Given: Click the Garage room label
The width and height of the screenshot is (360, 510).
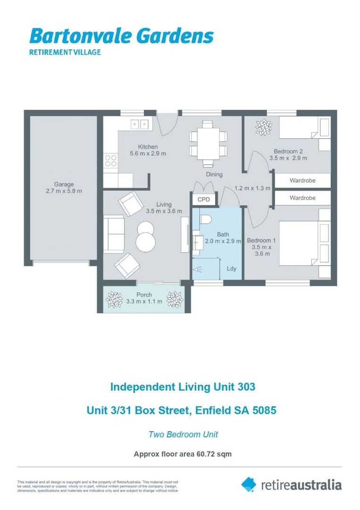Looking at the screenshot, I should point(64,184).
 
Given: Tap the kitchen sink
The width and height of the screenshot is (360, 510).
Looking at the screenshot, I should point(139,124).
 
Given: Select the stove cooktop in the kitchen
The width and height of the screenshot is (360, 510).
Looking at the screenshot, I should point(111,161).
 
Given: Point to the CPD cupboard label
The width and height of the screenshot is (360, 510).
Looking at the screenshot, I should point(204,200).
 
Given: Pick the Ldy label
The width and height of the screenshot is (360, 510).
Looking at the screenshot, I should point(232,269).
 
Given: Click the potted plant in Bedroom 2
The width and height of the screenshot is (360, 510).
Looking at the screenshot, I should point(263,127).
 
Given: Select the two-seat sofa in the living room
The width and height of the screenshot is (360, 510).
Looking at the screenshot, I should point(113,234).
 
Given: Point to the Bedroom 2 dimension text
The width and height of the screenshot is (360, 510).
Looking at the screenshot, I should point(288,158).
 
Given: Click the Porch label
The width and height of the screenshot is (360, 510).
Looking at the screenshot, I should point(144,295).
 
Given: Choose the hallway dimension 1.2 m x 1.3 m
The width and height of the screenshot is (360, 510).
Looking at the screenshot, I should point(252,188).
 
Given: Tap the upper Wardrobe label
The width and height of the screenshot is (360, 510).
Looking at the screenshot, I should point(302,180).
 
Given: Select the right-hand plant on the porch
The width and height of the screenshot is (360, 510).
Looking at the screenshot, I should point(175,299).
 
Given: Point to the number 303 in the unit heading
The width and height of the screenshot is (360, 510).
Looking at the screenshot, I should point(246,387).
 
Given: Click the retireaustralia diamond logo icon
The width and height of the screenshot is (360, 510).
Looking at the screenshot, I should point(249,484).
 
